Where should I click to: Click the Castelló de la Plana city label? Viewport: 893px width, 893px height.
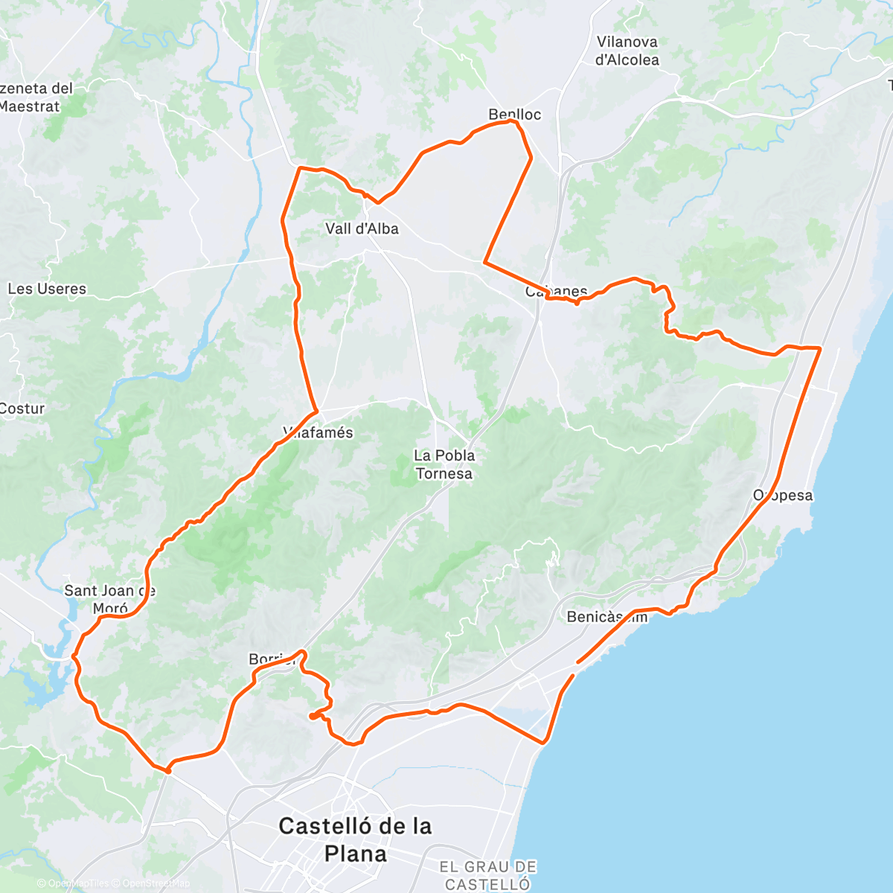355,839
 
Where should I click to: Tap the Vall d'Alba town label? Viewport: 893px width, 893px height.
362,228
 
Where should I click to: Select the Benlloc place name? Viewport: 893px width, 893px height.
514,114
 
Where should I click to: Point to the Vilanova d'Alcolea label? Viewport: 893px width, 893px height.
627,51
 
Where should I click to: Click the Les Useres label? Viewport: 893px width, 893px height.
46,289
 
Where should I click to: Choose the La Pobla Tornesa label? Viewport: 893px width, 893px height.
444,464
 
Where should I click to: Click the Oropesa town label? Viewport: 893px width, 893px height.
783,496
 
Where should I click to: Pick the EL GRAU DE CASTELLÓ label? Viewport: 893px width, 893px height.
487,875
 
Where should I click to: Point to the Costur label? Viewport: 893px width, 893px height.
22,409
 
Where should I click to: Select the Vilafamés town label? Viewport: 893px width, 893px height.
319,432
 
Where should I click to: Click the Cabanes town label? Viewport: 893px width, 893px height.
557,291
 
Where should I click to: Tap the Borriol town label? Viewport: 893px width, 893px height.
272,659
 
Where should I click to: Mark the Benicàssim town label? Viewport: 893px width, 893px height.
606,617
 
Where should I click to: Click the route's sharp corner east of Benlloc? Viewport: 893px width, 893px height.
531,157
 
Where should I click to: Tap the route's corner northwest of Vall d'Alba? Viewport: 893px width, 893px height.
300,168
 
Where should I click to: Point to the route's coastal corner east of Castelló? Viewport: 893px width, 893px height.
545,742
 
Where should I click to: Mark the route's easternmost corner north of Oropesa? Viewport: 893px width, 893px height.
819,348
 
